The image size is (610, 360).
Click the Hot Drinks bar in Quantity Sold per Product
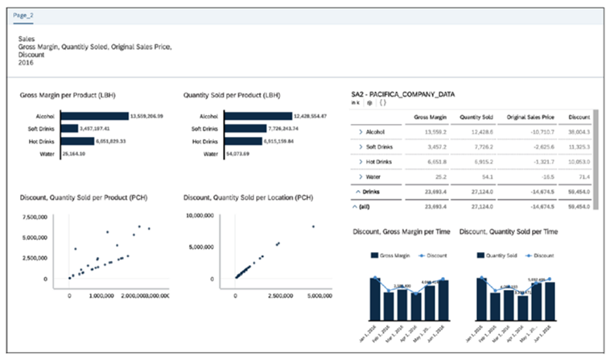pos(242,141)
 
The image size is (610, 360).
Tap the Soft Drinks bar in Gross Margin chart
pos(67,128)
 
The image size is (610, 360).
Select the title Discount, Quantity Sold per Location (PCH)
pos(248,197)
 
